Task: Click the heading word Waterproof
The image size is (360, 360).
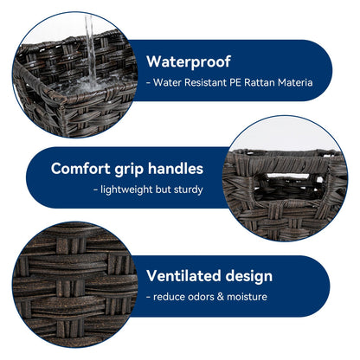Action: click(x=189, y=62)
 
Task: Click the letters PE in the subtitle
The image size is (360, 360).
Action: click(x=235, y=83)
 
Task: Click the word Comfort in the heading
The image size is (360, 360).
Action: click(x=80, y=169)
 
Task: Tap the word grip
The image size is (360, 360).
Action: click(x=129, y=170)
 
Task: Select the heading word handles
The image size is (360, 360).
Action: click(x=176, y=169)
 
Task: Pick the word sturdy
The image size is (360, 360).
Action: click(x=188, y=190)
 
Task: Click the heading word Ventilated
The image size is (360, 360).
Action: click(x=184, y=276)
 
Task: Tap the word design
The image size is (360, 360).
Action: click(x=249, y=277)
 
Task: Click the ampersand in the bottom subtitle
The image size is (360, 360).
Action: click(x=221, y=297)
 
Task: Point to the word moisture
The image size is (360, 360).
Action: click(x=247, y=297)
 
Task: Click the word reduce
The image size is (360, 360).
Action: click(x=169, y=297)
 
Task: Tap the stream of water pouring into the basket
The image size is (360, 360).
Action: click(x=90, y=48)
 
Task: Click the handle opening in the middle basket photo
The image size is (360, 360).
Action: click(x=288, y=187)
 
